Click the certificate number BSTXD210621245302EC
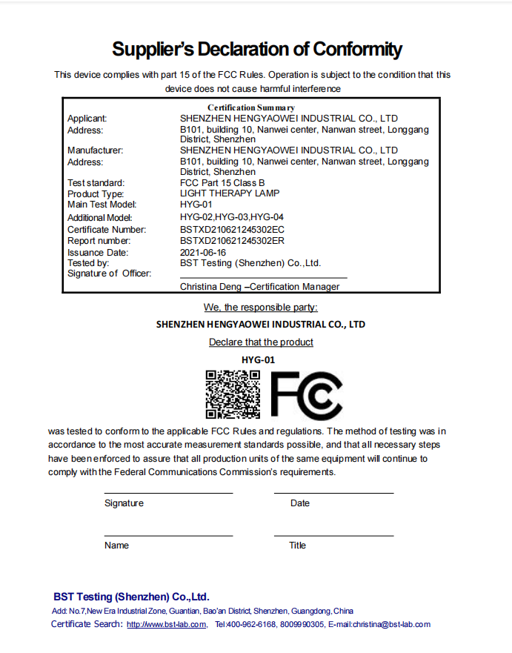232,230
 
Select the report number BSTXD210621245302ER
232,241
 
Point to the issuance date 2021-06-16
202,252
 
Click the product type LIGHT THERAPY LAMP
230,193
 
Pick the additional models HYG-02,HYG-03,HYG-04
232,217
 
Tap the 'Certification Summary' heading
251,108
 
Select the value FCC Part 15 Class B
222,183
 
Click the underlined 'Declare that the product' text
261,342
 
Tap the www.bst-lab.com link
167,625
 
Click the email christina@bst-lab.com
391,625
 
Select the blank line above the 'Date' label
333,493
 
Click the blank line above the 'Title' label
333,535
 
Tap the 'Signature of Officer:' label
109,274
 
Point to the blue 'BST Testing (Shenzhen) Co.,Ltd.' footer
131,597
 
